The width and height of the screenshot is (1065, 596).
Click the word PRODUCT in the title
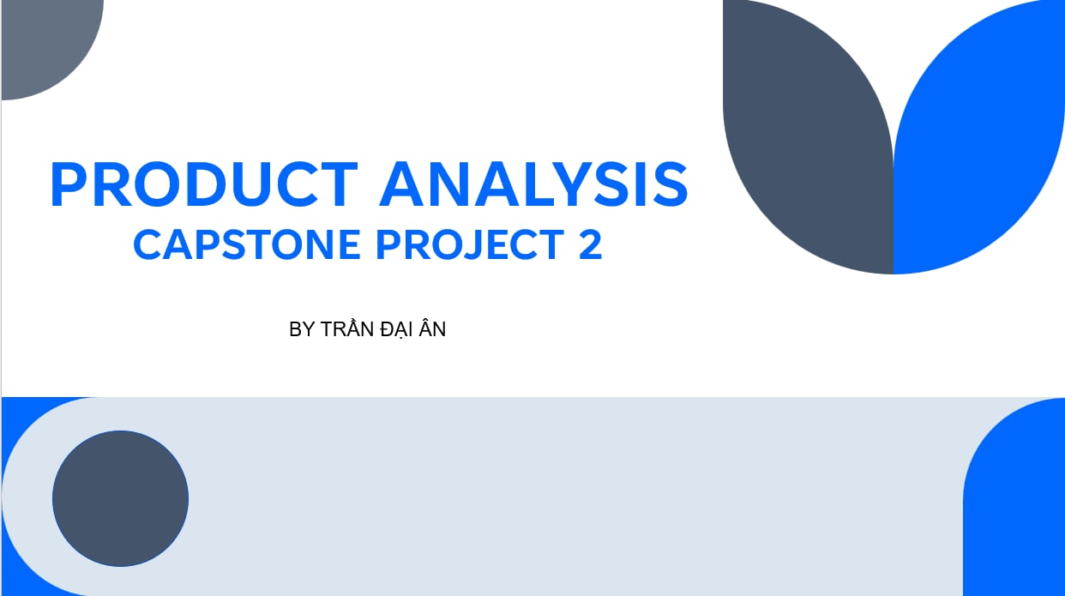pos(203,184)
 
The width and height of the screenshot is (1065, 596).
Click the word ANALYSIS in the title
pos(533,184)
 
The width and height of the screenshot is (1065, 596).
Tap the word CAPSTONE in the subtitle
pos(247,244)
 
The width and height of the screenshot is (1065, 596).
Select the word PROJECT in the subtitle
pos(470,244)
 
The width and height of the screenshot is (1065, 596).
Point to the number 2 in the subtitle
pos(591,244)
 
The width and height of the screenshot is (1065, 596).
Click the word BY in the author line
pos(302,329)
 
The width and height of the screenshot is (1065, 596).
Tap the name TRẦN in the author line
pos(346,328)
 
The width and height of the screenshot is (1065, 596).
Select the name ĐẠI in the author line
pos(396,330)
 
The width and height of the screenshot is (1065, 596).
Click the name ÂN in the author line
pos(432,328)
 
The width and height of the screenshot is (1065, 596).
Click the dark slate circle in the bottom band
pos(120,498)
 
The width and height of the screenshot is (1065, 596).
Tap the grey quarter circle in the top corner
pos(47,45)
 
